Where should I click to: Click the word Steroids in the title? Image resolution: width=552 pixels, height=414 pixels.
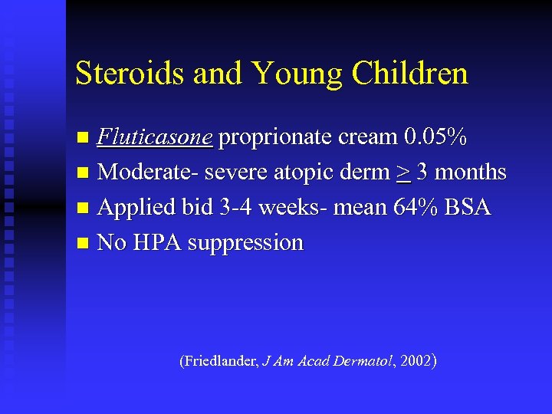point(130,74)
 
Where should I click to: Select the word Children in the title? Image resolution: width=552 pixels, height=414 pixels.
point(409,74)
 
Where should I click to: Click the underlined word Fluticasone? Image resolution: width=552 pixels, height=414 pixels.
point(155,137)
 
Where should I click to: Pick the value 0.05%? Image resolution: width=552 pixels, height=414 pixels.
point(435,137)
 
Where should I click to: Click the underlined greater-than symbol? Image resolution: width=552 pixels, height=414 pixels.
point(403,173)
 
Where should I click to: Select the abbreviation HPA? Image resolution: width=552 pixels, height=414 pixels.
point(157,243)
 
